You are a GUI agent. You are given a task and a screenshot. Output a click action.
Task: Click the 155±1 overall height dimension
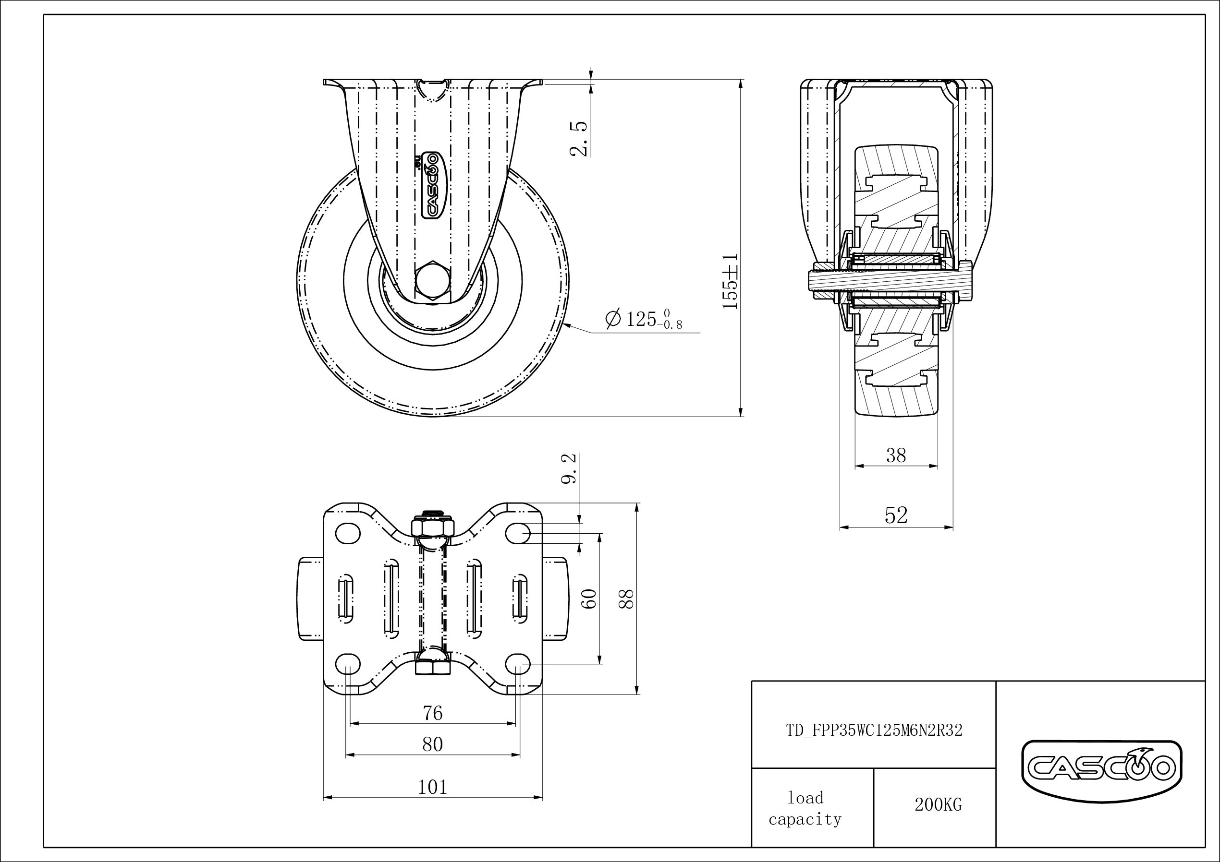731,281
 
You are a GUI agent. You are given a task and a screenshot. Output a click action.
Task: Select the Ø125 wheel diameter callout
644,319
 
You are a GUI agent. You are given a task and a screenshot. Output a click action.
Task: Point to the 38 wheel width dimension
896,455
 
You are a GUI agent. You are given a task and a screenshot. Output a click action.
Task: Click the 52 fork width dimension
896,515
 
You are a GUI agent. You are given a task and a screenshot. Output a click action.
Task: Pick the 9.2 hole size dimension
569,468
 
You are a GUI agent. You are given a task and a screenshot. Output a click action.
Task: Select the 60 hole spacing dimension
591,599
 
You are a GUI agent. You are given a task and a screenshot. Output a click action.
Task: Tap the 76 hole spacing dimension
433,713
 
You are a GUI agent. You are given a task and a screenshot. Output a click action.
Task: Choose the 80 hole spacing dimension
433,744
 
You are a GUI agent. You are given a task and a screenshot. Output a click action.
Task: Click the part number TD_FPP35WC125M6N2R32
874,731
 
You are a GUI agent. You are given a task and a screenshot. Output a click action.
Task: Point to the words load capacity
805,808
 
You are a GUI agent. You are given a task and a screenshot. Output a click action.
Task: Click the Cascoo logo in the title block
1102,767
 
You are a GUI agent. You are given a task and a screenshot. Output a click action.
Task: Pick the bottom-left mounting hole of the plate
348,663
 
